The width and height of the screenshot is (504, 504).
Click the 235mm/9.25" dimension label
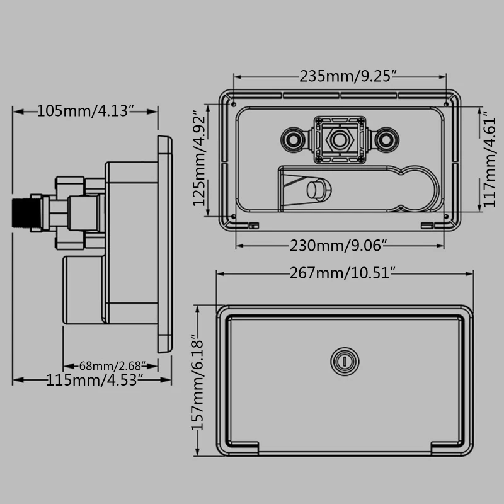pyautogui.click(x=340, y=77)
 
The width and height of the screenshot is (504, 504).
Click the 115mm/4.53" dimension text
pyautogui.click(x=93, y=379)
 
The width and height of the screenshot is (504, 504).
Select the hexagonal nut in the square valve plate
pyautogui.click(x=340, y=137)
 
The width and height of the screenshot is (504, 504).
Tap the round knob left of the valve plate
pyautogui.click(x=293, y=137)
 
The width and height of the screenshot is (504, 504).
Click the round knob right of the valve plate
pyautogui.click(x=387, y=137)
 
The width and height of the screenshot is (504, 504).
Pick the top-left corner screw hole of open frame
pyautogui.click(x=234, y=104)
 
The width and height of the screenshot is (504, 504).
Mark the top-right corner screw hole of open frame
pyautogui.click(x=447, y=104)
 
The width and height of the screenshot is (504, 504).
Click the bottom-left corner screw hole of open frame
pyautogui.click(x=234, y=216)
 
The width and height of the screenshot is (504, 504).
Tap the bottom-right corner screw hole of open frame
pyautogui.click(x=447, y=216)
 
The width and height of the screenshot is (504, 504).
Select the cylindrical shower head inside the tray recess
pyautogui.click(x=314, y=190)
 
